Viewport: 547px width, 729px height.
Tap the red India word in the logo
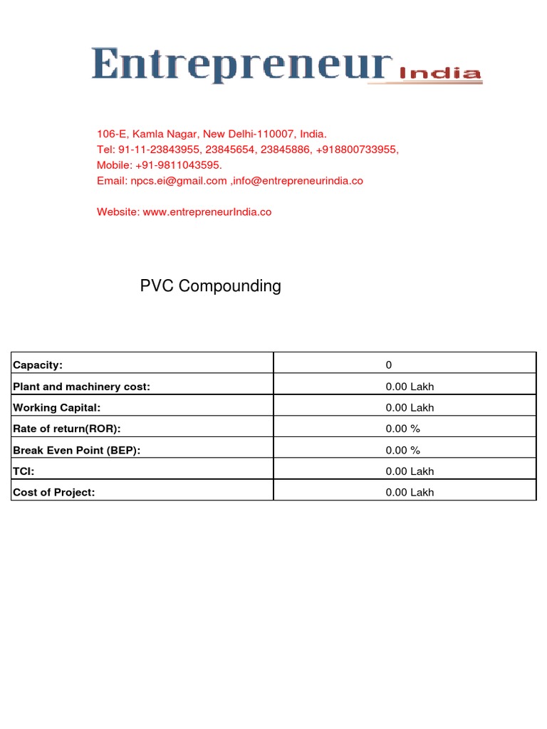(440, 73)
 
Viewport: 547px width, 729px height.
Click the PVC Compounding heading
(210, 286)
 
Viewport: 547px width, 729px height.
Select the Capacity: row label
(38, 365)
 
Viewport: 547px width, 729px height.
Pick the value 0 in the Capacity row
(389, 365)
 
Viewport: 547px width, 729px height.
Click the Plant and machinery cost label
(82, 387)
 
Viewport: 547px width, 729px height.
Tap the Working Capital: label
(57, 408)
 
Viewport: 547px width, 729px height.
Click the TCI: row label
(24, 471)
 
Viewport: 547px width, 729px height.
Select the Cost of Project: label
(54, 492)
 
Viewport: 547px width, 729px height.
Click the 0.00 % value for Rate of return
(403, 429)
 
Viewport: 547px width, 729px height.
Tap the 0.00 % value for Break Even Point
(403, 450)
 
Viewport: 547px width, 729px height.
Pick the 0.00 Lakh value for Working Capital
(410, 408)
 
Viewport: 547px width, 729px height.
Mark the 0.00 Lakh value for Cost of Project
(410, 492)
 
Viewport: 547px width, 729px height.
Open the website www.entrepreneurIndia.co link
(207, 212)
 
